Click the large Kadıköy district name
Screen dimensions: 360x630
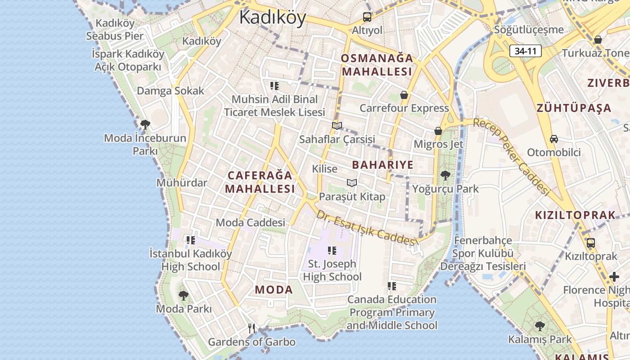pos(272,17)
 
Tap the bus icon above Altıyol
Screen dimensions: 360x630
pos(367,17)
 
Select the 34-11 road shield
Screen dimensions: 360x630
pos(525,51)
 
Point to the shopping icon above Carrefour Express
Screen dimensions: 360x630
pos(404,95)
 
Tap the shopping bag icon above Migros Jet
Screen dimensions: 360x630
pos(438,131)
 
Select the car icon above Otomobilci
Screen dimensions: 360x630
pos(554,139)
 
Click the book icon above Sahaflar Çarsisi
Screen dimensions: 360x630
pos(337,126)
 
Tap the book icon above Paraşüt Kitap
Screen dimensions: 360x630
pos(352,183)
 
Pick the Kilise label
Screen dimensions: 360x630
pos(324,169)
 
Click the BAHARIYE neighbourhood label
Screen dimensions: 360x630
pos(382,165)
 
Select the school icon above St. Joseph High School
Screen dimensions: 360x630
pos(332,251)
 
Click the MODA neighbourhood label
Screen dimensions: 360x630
pos(274,290)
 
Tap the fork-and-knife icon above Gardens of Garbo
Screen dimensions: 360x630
pos(252,328)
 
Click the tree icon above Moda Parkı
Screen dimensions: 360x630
pos(183,296)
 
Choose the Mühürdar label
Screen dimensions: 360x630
pos(182,183)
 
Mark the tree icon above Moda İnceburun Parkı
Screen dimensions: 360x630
pos(145,125)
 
